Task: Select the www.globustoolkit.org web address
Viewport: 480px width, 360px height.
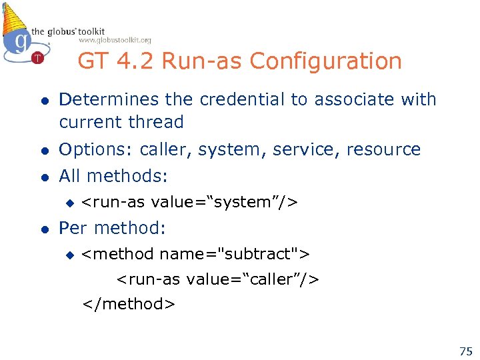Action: tap(124, 41)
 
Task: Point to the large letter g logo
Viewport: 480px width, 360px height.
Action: tap(20, 41)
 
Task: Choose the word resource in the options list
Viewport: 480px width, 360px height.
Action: tap(383, 150)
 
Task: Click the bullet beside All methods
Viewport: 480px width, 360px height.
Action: tap(44, 177)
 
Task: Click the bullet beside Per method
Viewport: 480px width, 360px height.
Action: tap(44, 229)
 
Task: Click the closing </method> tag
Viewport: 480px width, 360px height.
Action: tap(129, 304)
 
